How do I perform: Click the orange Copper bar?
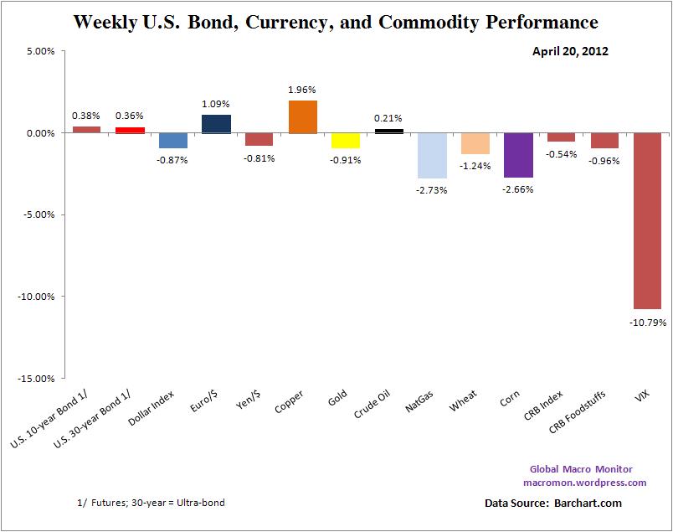pos(302,116)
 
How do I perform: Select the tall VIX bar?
pos(647,220)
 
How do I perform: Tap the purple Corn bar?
pos(518,155)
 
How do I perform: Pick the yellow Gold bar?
pos(345,140)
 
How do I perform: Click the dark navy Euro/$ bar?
pos(216,124)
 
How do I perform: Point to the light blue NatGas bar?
pos(432,155)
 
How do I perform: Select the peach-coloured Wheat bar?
pos(475,143)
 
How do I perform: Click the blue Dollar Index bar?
pos(172,140)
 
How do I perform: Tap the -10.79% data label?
pos(647,319)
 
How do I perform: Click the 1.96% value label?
pos(302,90)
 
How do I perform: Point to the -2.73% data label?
pos(432,190)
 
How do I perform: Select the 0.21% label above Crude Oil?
pos(388,119)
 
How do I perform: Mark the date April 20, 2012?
pos(570,51)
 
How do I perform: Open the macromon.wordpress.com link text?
pos(584,483)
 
